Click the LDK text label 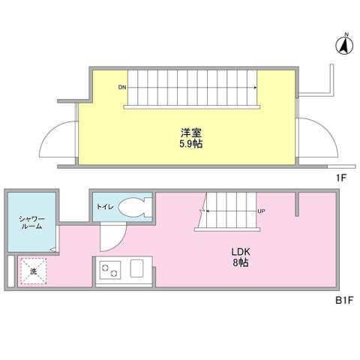[240, 252]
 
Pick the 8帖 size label [240, 263]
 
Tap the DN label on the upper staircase [121, 88]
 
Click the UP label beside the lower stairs [261, 211]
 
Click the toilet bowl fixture [136, 207]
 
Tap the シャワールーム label [30, 222]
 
